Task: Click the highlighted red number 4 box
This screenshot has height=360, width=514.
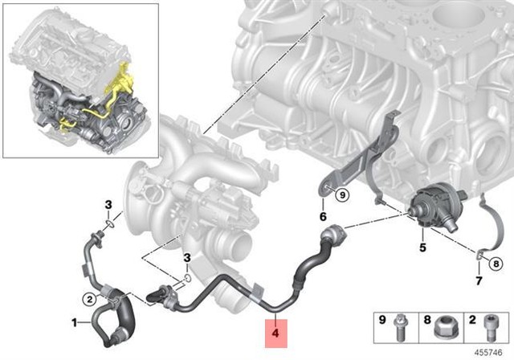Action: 275,329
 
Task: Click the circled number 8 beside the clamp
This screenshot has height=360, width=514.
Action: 496,262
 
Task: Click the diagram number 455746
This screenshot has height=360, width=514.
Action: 492,352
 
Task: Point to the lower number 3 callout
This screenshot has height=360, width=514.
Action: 186,257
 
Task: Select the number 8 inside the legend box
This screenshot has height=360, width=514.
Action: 427,321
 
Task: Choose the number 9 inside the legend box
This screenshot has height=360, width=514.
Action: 383,321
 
